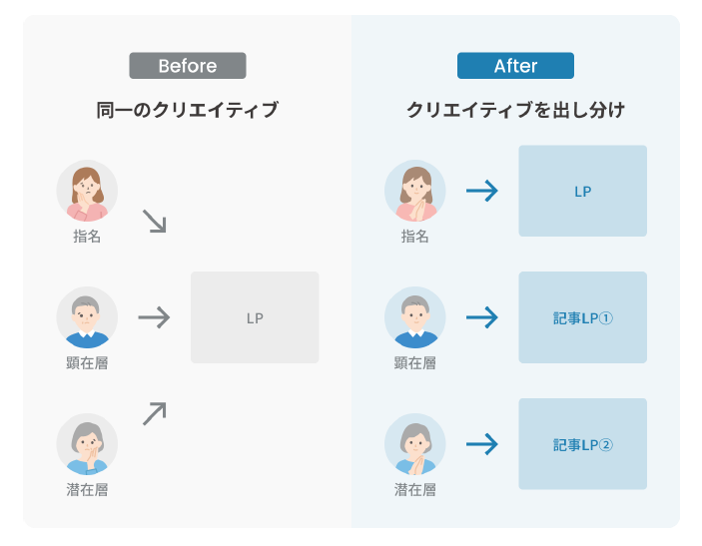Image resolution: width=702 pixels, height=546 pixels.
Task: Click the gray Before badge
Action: (x=188, y=66)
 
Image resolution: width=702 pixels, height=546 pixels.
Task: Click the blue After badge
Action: (x=515, y=66)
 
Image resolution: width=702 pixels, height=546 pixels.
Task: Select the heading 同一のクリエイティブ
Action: (x=188, y=110)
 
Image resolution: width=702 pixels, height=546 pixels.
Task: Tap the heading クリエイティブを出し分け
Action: (x=515, y=110)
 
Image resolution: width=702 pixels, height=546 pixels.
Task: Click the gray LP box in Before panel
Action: (x=255, y=317)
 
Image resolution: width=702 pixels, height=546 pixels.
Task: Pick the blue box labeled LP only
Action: (x=582, y=191)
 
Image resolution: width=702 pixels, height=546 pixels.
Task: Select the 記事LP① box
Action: (x=582, y=317)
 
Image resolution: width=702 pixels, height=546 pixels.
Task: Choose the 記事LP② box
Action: (x=582, y=444)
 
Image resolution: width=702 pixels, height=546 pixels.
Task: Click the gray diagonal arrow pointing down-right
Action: (x=155, y=221)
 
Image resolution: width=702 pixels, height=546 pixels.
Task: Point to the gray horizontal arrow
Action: (x=154, y=317)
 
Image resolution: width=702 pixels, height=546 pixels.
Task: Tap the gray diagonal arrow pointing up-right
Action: (x=155, y=413)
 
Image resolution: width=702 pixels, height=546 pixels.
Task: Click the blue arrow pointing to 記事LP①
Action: (x=482, y=317)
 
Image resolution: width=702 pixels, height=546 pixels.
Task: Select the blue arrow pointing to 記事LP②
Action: (x=482, y=444)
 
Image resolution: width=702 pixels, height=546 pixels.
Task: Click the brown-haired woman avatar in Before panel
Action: (x=87, y=191)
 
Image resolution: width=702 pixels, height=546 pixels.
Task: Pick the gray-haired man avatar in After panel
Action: (x=415, y=317)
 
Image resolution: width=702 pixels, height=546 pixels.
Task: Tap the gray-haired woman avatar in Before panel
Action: (x=87, y=444)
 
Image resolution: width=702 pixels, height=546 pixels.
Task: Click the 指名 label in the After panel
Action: (x=415, y=236)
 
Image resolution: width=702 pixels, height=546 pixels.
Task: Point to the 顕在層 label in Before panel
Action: (x=87, y=362)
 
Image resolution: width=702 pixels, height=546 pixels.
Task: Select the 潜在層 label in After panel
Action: (x=415, y=490)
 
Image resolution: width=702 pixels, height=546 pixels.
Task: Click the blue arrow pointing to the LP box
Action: (x=482, y=191)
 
